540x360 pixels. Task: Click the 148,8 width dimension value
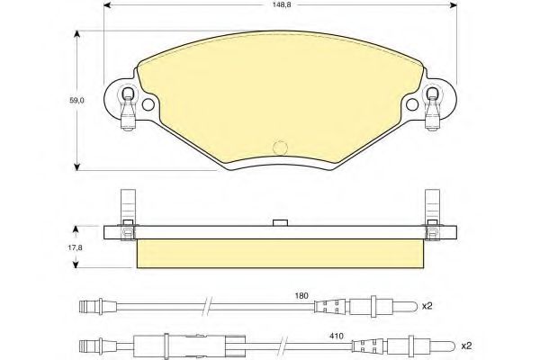[x=280, y=5]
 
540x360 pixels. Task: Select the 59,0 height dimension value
[x=76, y=101]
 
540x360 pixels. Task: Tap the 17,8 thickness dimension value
[x=76, y=247]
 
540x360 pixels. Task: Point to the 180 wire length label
[x=301, y=295]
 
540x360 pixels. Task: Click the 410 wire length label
[x=337, y=336]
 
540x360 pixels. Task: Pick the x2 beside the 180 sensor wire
[x=427, y=306]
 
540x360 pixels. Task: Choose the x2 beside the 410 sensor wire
[x=466, y=346]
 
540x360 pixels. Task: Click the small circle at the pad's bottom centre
[x=280, y=148]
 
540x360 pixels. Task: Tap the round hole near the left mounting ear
[x=148, y=104]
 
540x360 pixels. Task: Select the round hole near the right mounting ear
[x=412, y=104]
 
